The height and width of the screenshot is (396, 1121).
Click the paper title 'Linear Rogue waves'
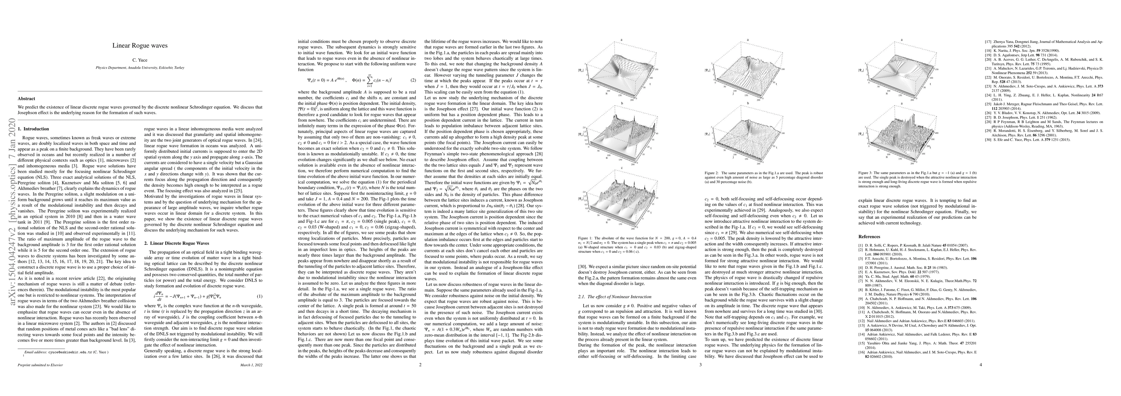coord(140,45)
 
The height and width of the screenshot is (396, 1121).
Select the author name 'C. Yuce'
coord(140,60)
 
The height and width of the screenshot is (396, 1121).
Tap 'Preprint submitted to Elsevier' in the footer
coord(40,365)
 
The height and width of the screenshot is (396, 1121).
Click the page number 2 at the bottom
coord(420,365)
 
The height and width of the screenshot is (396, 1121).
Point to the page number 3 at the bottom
coord(700,365)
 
